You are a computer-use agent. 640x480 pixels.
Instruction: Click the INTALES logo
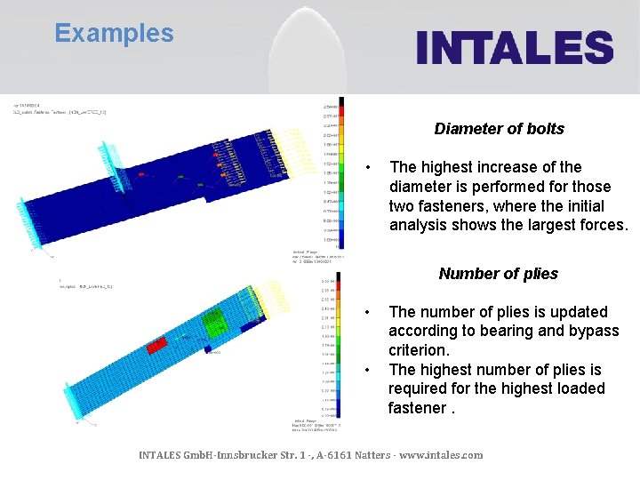[x=515, y=47]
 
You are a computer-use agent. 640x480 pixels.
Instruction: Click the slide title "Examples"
[x=114, y=34]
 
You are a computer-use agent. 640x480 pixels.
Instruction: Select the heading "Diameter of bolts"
[x=499, y=129]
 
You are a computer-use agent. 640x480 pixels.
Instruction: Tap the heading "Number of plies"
[x=498, y=274]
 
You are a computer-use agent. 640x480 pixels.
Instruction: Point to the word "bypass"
[x=595, y=332]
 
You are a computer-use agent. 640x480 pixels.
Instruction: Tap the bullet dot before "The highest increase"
[x=371, y=168]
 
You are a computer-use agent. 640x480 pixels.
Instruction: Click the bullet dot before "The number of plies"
[x=371, y=313]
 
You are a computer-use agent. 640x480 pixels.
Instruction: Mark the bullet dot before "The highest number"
[x=371, y=371]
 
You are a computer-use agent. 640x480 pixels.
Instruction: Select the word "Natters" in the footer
[x=364, y=455]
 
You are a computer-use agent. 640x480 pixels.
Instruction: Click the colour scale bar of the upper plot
[x=341, y=169]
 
